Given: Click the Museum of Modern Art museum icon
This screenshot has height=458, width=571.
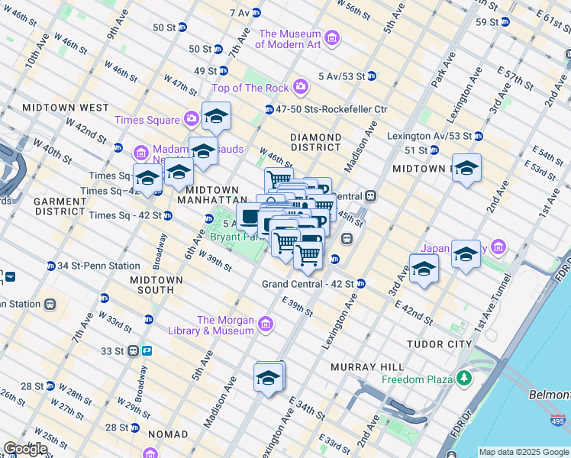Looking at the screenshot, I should pos(331,37).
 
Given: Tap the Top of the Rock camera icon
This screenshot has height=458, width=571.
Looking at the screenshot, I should pos(301,87).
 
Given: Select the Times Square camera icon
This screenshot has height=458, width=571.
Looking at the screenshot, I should pos(190,119).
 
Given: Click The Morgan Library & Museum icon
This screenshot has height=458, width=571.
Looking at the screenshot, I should pos(266,324).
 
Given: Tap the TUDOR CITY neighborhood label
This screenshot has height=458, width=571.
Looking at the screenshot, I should pos(440,344).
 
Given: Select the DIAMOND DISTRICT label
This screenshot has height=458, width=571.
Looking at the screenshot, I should pos(315,141).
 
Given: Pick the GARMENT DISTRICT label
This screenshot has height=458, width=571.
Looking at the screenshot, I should pos(59,205).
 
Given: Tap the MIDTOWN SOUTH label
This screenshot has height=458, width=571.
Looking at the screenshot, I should pos(156,285).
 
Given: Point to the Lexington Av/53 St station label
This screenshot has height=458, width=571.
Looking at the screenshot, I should pos(430,136).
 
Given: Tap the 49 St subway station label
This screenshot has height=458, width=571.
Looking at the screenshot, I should pos(206,70).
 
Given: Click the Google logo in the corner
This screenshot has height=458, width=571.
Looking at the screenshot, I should pos(25,449).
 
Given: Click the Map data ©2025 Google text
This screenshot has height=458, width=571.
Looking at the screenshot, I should pos(524,452).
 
